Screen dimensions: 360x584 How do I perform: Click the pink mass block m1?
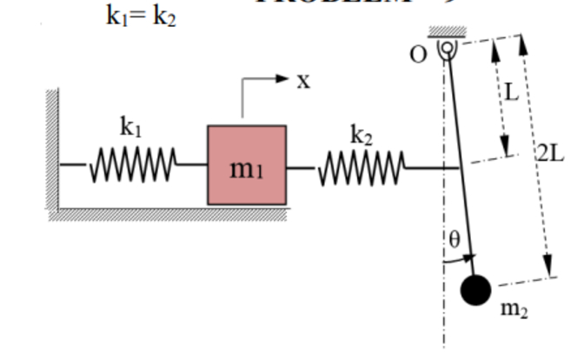point(246,165)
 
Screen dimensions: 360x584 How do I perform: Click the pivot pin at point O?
point(446,49)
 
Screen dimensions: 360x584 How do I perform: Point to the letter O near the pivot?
point(419,54)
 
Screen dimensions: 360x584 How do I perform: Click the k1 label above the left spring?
point(130,127)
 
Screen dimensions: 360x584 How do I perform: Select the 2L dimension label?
point(550,153)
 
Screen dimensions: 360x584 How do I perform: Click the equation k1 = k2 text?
point(140,17)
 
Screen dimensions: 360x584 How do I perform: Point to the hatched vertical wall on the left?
point(53,148)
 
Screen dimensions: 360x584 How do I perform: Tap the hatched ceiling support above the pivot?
point(447,32)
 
